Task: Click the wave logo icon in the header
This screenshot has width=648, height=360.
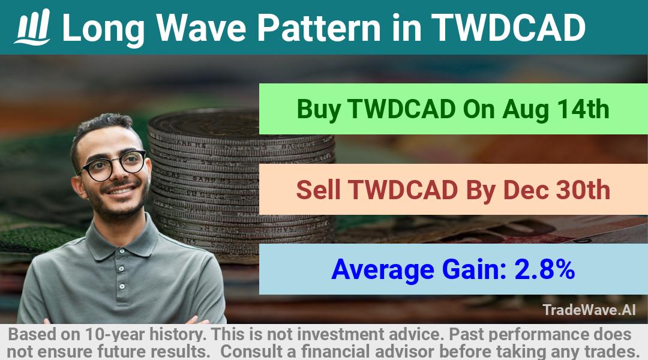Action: coord(32,26)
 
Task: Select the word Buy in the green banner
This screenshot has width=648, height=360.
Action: coord(319,109)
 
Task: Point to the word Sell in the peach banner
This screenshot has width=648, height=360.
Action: coord(318,190)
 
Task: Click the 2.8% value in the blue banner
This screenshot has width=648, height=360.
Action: coord(545,269)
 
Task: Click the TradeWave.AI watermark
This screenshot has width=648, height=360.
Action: coord(589,310)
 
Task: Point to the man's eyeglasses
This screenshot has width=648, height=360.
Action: coord(112,165)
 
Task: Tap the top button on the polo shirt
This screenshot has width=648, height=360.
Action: coord(121,269)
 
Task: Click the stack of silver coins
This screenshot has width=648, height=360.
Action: coord(241,182)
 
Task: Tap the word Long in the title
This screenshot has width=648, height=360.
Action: coord(103,28)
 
